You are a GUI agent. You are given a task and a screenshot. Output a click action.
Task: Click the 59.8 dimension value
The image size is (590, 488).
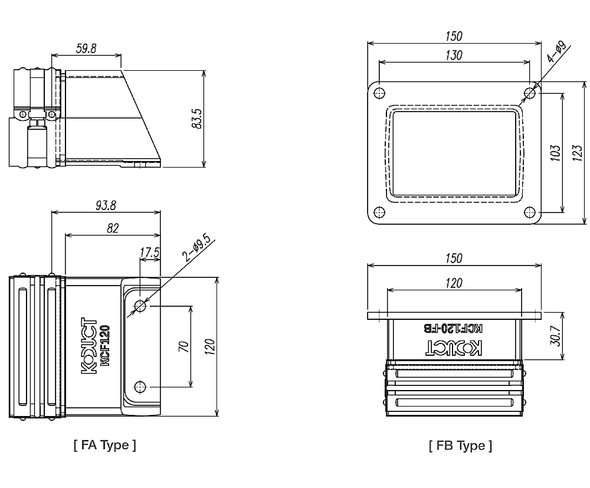pyautogui.click(x=86, y=48)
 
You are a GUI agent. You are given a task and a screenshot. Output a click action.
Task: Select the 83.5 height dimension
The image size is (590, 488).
pyautogui.click(x=198, y=119)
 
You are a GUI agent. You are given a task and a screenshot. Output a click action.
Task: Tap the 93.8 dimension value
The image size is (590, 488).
pyautogui.click(x=106, y=205)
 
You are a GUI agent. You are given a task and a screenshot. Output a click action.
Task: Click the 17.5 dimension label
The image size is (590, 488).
pyautogui.click(x=149, y=253)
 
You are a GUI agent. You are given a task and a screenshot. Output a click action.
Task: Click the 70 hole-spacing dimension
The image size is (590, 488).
pyautogui.click(x=183, y=346)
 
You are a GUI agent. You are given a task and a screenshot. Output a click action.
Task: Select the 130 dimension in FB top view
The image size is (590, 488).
pyautogui.click(x=454, y=55)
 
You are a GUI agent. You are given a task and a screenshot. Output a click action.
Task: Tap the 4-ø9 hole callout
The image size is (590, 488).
pyautogui.click(x=556, y=51)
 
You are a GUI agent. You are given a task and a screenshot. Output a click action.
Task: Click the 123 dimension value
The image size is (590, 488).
pyautogui.click(x=578, y=152)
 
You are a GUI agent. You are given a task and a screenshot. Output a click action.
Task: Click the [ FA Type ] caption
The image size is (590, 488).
pyautogui.click(x=105, y=445)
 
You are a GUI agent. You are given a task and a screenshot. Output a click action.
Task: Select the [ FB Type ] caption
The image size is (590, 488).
pyautogui.click(x=460, y=446)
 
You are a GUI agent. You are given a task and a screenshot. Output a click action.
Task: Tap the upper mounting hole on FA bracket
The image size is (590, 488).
pyautogui.click(x=140, y=306)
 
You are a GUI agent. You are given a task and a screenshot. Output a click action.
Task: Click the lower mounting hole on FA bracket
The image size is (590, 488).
pyautogui.click(x=140, y=387)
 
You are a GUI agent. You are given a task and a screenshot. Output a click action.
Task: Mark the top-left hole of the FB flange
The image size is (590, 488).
pyautogui.click(x=379, y=93)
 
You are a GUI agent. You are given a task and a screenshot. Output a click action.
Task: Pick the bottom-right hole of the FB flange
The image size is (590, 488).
pyautogui.click(x=530, y=212)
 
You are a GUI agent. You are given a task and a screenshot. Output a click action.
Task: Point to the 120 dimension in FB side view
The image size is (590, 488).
pyautogui.click(x=454, y=283)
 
